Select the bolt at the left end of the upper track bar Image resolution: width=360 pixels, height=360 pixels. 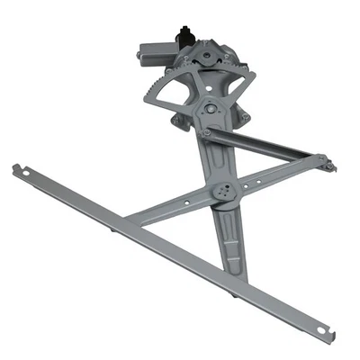pos(207,132)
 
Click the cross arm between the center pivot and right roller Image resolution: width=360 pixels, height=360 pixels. pos(274,176)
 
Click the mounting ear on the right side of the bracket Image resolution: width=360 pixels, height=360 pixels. pos(244,115)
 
